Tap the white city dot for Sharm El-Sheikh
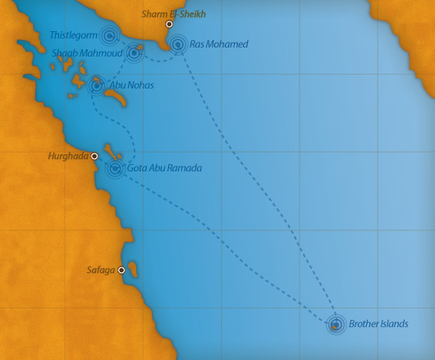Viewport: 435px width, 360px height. [169, 25]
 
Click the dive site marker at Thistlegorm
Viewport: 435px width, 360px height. [108, 35]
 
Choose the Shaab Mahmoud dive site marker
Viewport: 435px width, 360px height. [134, 54]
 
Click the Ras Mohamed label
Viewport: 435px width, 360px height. [218, 44]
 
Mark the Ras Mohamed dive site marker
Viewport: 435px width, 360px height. [177, 44]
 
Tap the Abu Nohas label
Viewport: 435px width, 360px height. [131, 84]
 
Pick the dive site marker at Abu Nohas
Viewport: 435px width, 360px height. [97, 84]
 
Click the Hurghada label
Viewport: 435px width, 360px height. [68, 155]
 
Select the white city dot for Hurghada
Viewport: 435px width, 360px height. [94, 156]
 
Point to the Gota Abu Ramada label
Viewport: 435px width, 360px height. [164, 168]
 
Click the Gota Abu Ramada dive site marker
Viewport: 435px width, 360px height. [115, 169]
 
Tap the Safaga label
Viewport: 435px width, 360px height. [101, 269]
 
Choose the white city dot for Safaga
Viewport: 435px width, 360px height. [121, 270]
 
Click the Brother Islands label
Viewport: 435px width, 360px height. [378, 324]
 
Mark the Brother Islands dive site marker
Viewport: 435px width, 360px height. [335, 325]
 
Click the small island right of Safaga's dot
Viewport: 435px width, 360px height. [133, 270]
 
